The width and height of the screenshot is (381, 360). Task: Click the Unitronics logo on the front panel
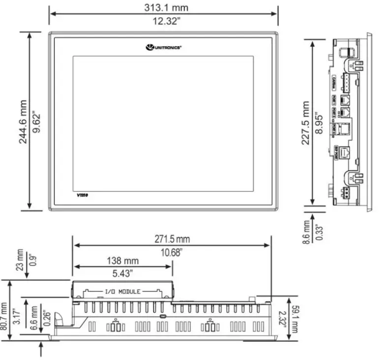tap(164, 47)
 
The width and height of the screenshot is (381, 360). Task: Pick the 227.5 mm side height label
tap(306, 123)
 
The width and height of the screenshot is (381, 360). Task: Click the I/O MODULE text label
tap(123, 291)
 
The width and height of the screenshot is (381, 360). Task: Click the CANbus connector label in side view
tap(334, 81)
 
